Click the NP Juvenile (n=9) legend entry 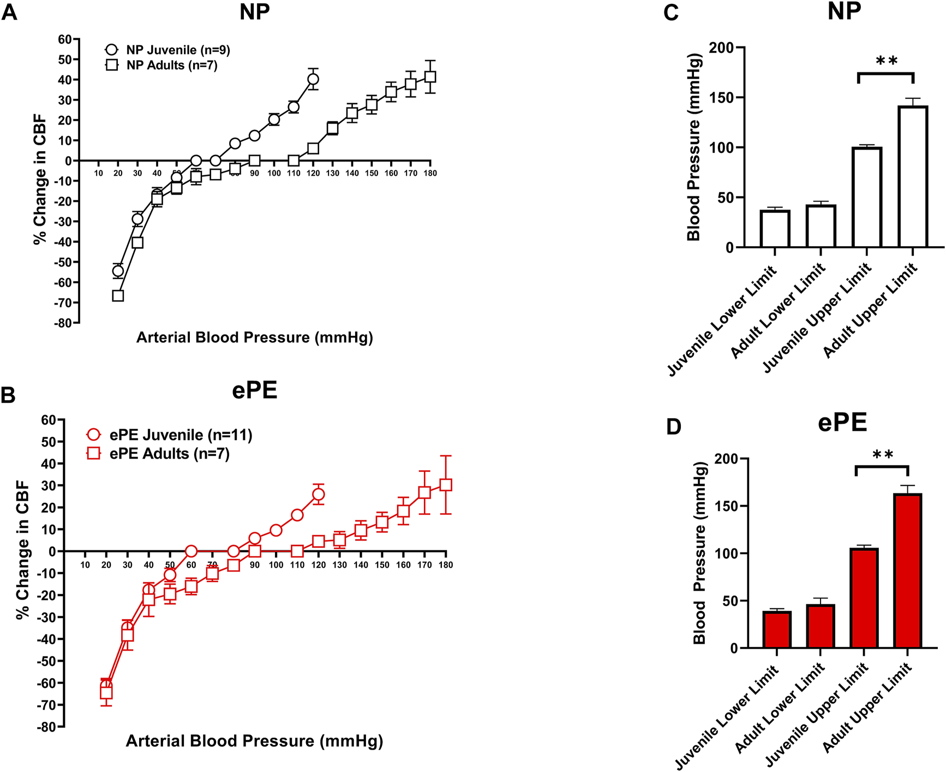(167, 50)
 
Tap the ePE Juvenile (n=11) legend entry (169, 435)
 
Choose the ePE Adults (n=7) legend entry (158, 454)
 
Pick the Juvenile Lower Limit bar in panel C (775, 229)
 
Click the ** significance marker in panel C (887, 61)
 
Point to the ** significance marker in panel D (883, 455)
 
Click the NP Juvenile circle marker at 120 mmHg (313, 79)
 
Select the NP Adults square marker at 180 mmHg (430, 77)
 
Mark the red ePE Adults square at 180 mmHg (446, 485)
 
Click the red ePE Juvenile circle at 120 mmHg (319, 495)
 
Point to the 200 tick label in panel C (721, 48)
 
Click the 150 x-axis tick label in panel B (382, 565)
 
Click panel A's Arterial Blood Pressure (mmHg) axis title (254, 338)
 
